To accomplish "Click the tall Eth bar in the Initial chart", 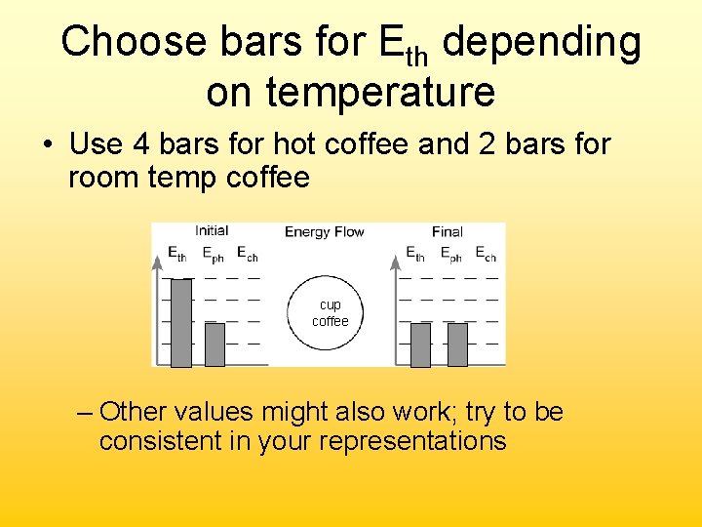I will click(x=181, y=322).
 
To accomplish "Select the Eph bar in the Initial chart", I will click(x=214, y=345).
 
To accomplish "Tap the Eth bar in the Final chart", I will click(x=420, y=345).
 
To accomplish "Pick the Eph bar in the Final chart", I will click(x=456, y=345).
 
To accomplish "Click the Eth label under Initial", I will click(x=176, y=255).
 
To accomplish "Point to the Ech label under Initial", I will click(x=248, y=255).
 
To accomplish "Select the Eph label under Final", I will click(x=450, y=255).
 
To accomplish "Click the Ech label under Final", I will click(x=486, y=255).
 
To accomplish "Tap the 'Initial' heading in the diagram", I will click(x=212, y=231).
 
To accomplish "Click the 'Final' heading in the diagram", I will click(x=447, y=231).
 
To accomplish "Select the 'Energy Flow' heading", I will click(x=324, y=231).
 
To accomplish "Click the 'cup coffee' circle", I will click(x=330, y=313).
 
